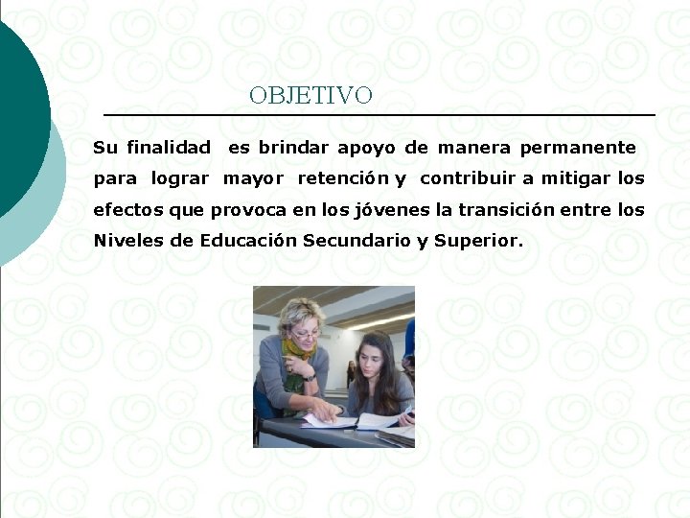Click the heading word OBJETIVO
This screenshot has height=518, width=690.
click(x=310, y=96)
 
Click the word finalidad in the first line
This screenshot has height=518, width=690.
click(x=169, y=148)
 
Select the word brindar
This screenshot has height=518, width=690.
click(x=293, y=148)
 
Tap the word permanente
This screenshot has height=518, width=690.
click(x=578, y=148)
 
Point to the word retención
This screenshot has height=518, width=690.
click(x=343, y=178)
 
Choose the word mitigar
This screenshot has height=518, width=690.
click(x=576, y=178)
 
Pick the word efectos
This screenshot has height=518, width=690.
click(x=128, y=209)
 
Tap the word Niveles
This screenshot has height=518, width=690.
click(x=128, y=240)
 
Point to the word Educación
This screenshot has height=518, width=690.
click(x=248, y=240)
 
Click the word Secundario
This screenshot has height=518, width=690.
click(x=356, y=240)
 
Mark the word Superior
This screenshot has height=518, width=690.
click(x=478, y=240)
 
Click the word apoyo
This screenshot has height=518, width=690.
click(x=368, y=148)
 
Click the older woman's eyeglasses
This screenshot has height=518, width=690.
click(x=306, y=331)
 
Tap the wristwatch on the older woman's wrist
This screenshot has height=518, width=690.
click(x=310, y=377)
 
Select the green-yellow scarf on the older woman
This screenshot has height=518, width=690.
click(x=300, y=349)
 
